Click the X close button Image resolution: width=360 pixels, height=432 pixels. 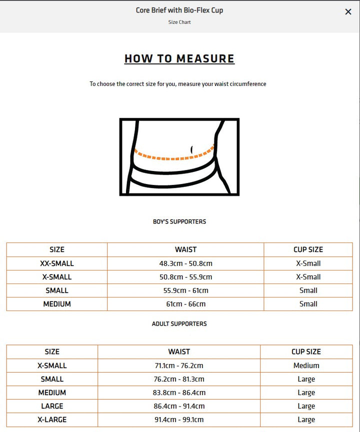click(348, 12)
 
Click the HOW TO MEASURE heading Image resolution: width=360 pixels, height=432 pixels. click(179, 58)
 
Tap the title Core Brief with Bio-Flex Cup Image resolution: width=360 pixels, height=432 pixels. click(179, 10)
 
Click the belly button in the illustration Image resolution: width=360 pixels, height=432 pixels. click(192, 149)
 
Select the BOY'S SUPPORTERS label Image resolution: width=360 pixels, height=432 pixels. click(179, 221)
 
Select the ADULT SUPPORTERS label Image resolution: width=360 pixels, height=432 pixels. click(179, 324)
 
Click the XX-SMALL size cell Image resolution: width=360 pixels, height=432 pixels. click(57, 263)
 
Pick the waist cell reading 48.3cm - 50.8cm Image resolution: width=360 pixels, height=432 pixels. click(185, 263)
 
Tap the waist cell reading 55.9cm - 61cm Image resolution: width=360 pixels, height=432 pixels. click(185, 290)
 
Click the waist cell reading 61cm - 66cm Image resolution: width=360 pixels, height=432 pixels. click(185, 304)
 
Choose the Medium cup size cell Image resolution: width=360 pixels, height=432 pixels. click(306, 365)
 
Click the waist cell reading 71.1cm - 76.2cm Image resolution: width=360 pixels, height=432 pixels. click(179, 365)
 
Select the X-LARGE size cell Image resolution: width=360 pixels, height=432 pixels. click(52, 419)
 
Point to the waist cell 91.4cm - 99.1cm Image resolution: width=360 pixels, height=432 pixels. click(179, 419)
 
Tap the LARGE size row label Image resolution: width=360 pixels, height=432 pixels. click(52, 406)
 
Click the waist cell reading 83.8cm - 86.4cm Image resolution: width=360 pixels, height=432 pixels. click(179, 392)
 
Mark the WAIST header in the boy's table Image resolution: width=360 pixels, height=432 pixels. click(185, 249)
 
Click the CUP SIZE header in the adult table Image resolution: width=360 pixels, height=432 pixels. click(306, 352)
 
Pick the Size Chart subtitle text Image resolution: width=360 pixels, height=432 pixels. click(179, 22)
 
